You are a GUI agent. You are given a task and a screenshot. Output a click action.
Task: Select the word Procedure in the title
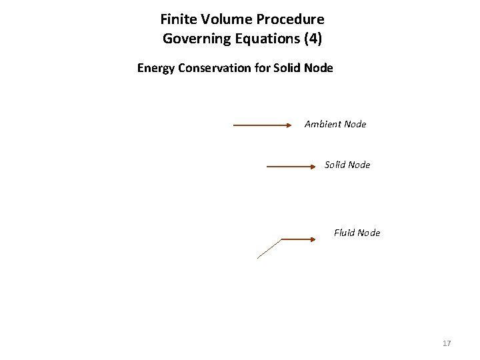click(x=290, y=19)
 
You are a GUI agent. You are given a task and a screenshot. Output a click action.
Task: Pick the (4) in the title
click(x=312, y=39)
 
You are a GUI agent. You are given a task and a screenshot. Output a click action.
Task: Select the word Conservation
click(x=217, y=68)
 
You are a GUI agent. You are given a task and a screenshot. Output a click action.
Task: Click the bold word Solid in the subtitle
click(x=287, y=68)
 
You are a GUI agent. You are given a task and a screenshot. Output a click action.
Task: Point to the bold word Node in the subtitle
click(x=318, y=68)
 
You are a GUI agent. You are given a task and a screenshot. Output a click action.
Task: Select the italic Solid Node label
click(x=347, y=165)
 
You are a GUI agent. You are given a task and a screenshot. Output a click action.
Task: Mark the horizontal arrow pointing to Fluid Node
click(x=298, y=239)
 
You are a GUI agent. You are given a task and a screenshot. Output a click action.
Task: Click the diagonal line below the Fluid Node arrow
click(x=269, y=249)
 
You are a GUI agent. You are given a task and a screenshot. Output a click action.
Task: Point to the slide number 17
click(x=447, y=343)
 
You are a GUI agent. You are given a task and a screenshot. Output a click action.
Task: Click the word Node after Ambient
click(x=354, y=124)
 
